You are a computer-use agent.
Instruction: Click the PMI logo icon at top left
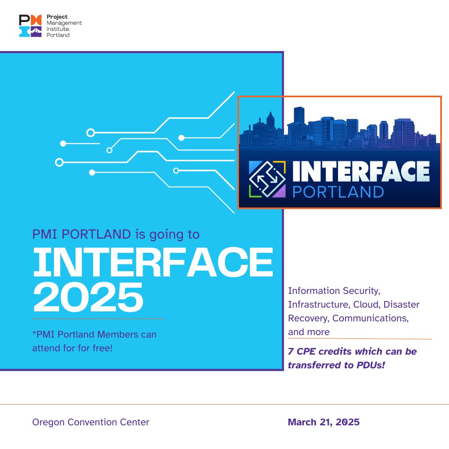pos(30,26)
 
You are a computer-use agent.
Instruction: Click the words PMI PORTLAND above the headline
pos(81,234)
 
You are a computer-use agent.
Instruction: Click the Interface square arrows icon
pos(267,178)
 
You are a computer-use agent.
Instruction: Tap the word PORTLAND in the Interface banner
pos(338,192)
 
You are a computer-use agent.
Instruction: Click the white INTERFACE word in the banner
pos(361,171)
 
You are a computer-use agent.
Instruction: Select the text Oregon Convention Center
pos(91,422)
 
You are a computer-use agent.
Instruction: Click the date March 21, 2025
pos(323,422)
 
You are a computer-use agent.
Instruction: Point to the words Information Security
pos(334,291)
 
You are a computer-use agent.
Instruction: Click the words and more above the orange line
pos(308,332)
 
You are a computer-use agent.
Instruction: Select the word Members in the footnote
pos(122,334)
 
